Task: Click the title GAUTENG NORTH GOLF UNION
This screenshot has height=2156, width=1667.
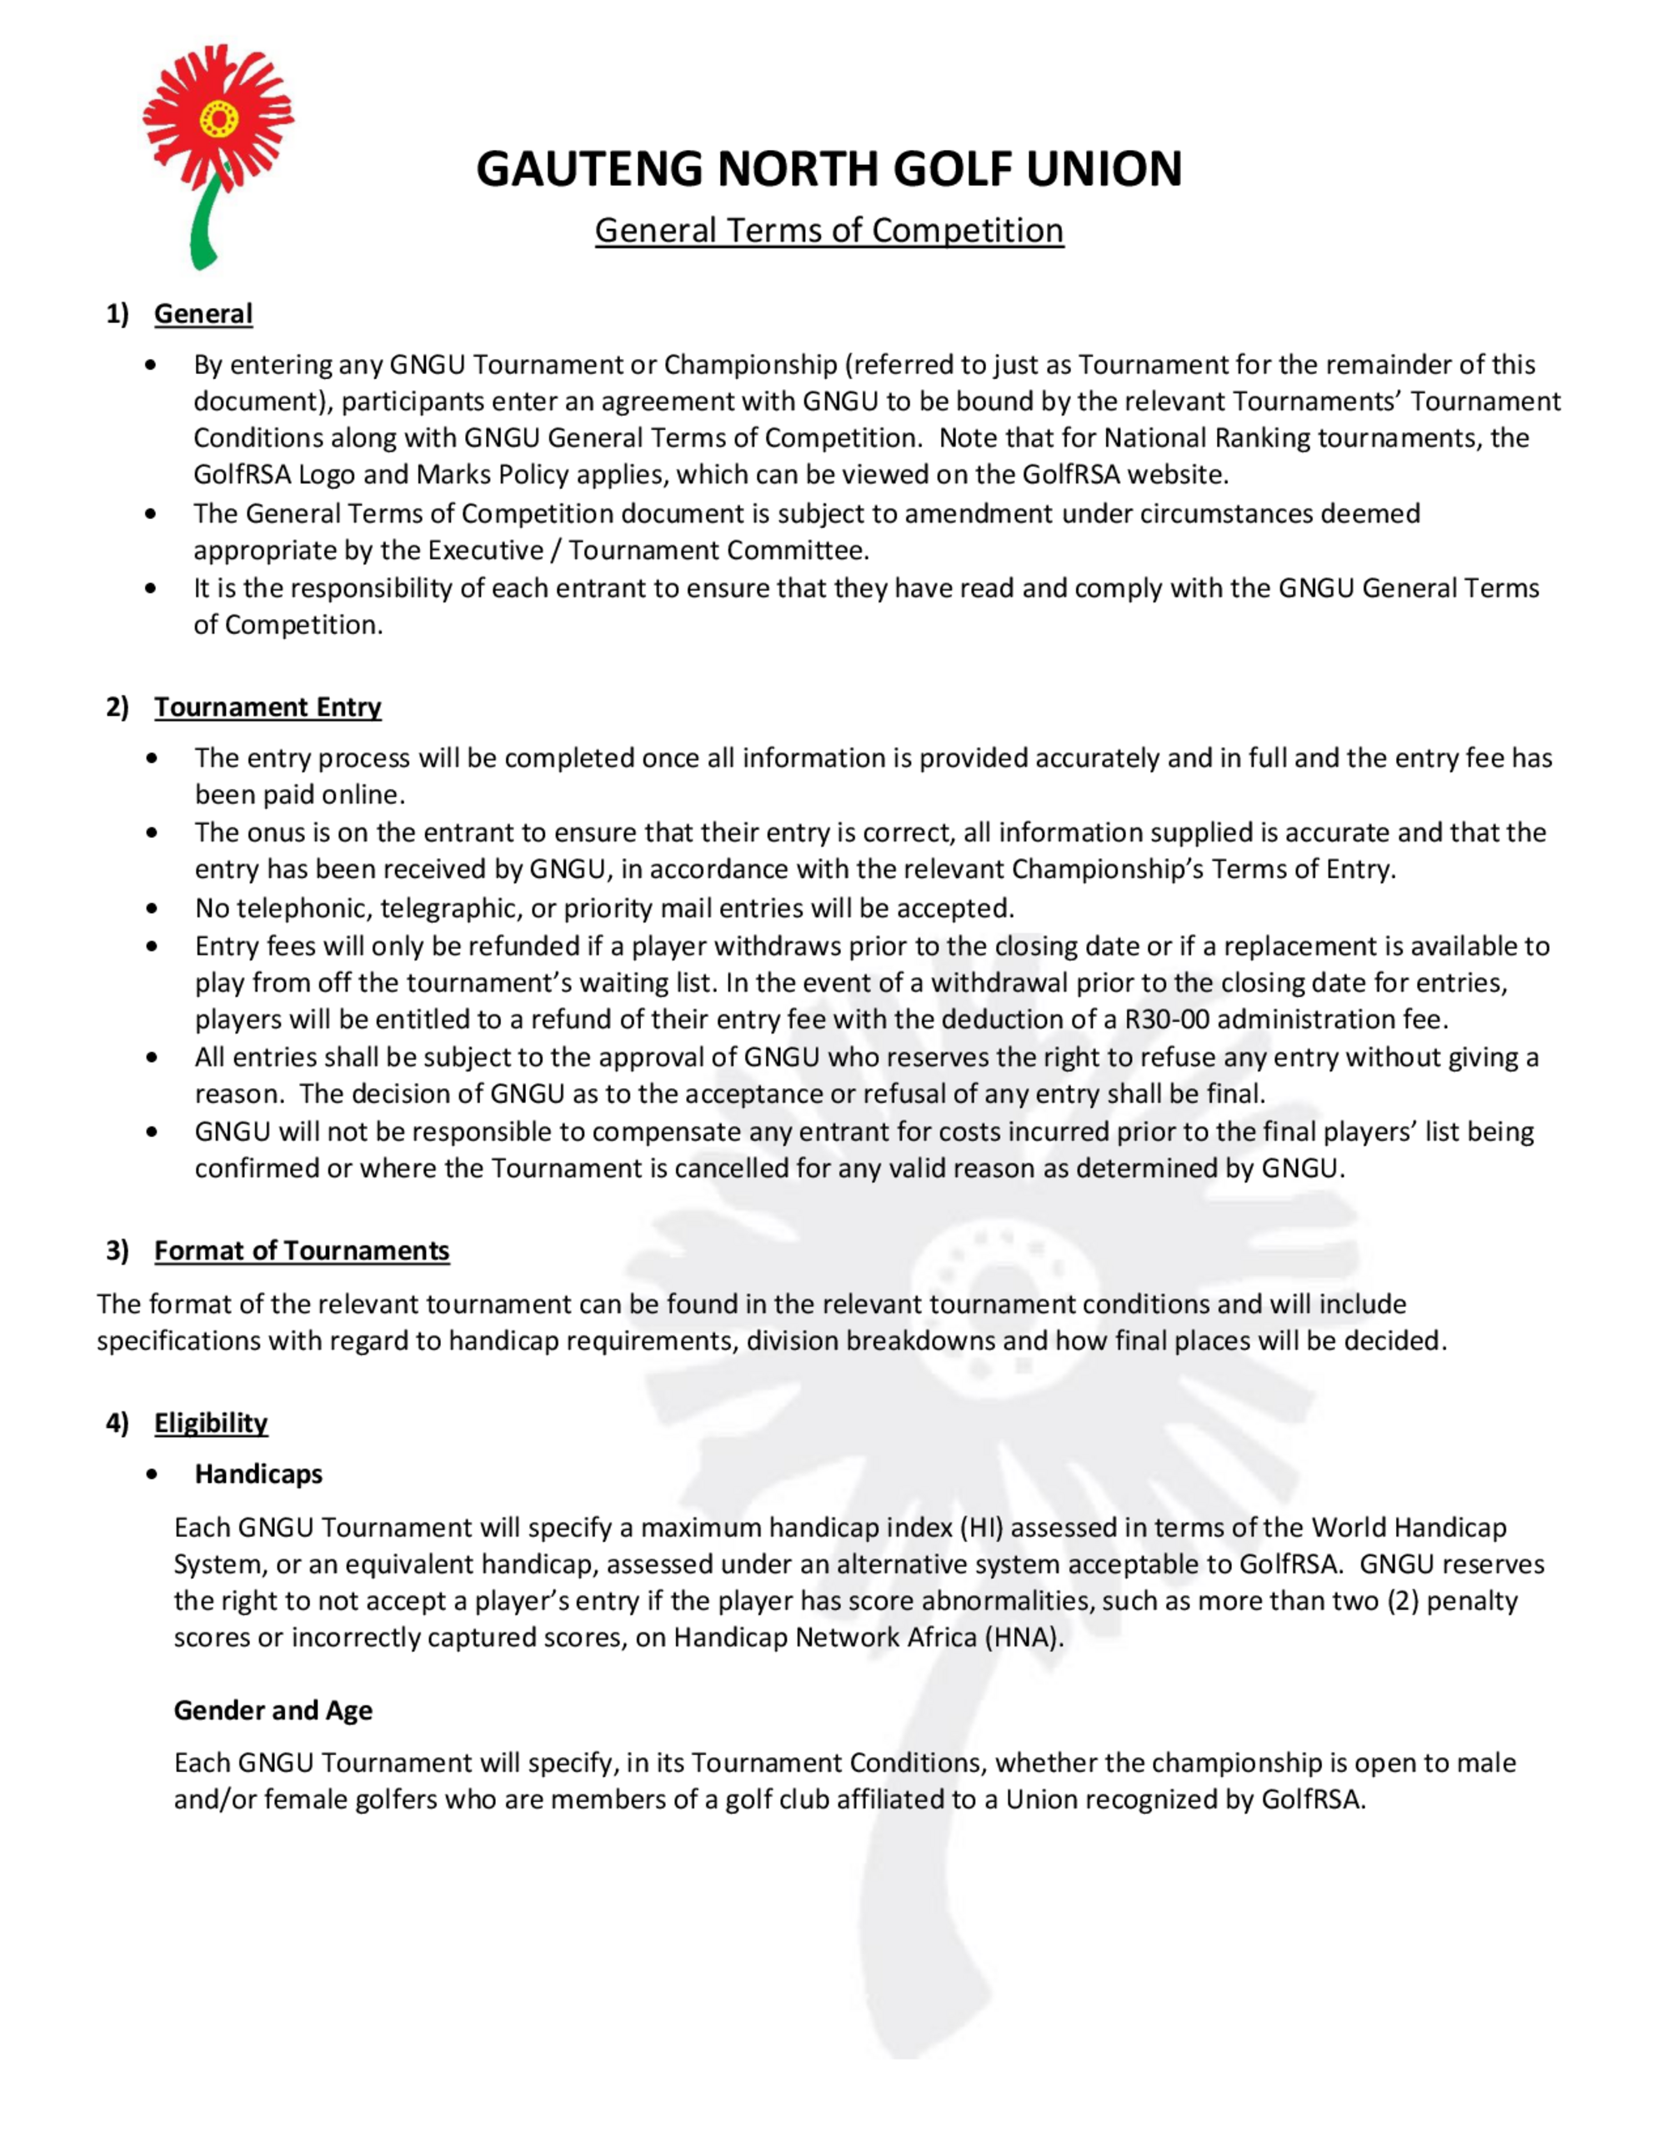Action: [x=828, y=169]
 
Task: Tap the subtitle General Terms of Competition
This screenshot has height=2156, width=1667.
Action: [x=828, y=230]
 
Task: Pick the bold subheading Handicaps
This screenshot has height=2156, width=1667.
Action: [x=258, y=1474]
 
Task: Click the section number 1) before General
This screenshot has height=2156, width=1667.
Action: [x=118, y=314]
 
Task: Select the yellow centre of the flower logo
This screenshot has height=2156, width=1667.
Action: [x=218, y=121]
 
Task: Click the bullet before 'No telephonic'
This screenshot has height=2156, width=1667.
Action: [x=151, y=908]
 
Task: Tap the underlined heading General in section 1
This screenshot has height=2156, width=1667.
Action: [x=203, y=314]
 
